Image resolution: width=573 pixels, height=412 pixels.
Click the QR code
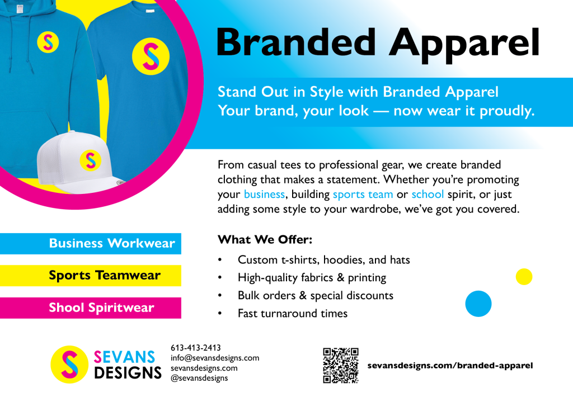coord(340,366)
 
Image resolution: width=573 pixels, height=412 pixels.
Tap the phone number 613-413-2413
coord(196,348)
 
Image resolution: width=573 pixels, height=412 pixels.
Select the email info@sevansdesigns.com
coord(215,358)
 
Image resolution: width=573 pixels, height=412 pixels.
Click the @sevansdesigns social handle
coord(199,378)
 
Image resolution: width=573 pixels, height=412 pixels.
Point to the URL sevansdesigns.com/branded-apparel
coord(450,366)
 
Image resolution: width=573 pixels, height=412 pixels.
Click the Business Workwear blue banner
coord(91,244)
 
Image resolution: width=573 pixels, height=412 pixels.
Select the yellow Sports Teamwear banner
coord(91,276)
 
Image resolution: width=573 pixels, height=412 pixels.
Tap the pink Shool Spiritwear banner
coord(91,308)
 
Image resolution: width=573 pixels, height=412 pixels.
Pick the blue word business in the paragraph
coord(264,195)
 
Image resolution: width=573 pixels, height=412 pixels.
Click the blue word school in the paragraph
coord(428,195)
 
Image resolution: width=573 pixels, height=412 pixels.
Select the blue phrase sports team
coord(363,195)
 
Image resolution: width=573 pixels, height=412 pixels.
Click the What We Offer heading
coord(264,240)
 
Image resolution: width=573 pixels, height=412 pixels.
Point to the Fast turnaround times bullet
coord(293,313)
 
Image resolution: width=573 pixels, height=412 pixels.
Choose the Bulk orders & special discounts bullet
coord(315,295)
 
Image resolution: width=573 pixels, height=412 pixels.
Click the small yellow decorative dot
coord(524,277)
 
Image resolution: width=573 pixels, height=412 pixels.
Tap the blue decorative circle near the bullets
coord(478,304)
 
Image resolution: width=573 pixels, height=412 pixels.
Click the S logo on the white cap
coord(90,160)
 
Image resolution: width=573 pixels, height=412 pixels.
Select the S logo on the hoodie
coord(48,42)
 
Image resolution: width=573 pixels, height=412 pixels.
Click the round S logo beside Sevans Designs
coord(69,364)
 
